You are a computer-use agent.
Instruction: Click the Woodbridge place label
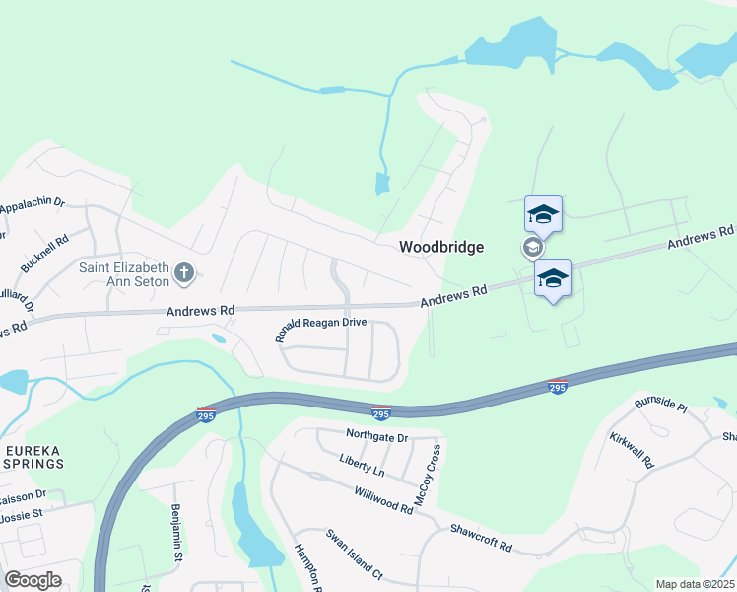coord(440,247)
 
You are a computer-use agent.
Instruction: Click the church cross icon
coord(183,272)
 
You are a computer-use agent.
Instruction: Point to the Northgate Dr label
coord(376,435)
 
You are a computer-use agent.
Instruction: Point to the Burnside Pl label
coord(660,404)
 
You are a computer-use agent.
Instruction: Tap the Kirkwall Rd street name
coord(632,449)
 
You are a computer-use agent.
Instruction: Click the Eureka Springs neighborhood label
coord(34,456)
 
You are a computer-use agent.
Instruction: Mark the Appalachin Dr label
coord(32,208)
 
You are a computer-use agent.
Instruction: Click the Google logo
coord(33,580)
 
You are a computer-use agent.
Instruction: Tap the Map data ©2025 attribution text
coord(695,584)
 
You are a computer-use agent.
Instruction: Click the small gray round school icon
coord(531,247)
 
